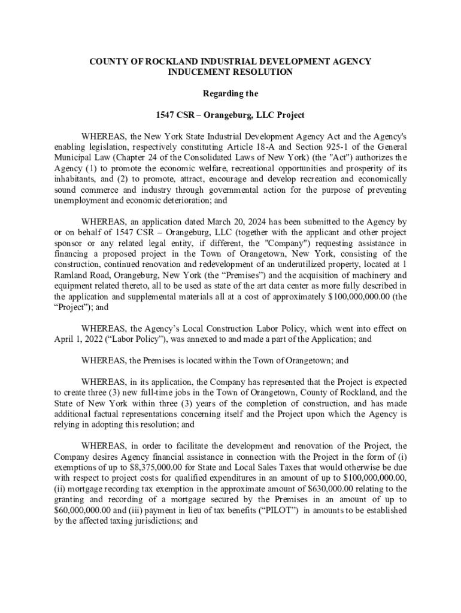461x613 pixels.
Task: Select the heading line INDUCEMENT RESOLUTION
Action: pyautogui.click(x=230, y=72)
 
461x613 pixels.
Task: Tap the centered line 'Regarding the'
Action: pyautogui.click(x=230, y=93)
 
